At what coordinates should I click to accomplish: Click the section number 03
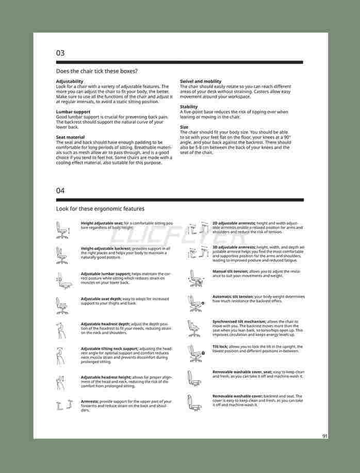[60, 53]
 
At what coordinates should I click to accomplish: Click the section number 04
[60, 191]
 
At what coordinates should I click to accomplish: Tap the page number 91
[325, 436]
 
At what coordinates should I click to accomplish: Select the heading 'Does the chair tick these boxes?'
[96, 71]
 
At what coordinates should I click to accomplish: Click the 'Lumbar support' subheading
[73, 112]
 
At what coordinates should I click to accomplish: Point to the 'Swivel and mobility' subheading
[201, 81]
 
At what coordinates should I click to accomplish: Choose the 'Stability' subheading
[189, 107]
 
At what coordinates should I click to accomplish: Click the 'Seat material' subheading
[70, 137]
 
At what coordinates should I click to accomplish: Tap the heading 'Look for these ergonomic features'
[100, 209]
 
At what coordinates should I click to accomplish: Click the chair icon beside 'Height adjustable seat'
[62, 230]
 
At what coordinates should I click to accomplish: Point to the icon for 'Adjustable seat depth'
[62, 305]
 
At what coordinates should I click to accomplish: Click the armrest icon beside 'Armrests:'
[62, 406]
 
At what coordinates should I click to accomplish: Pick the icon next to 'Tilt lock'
[195, 353]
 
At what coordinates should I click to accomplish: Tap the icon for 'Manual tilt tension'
[194, 278]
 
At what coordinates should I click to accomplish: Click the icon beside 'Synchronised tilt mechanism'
[194, 328]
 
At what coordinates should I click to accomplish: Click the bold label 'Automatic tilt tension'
[233, 297]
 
